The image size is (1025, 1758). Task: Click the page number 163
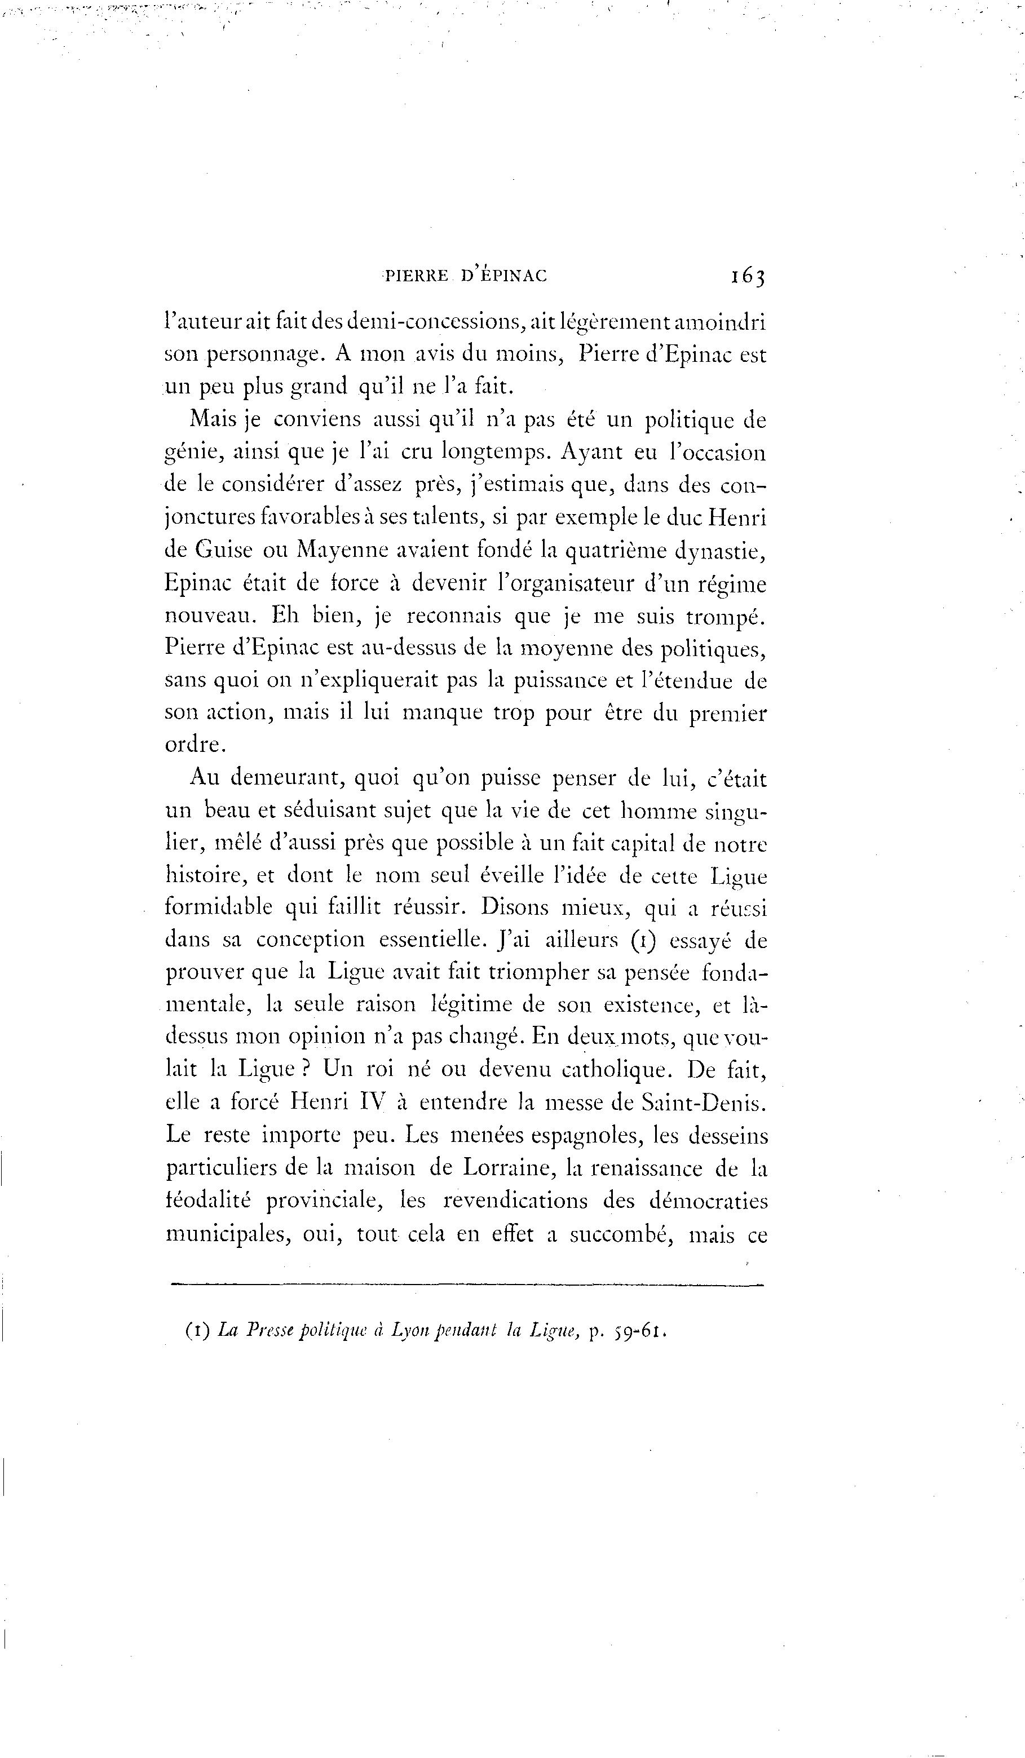coord(749,276)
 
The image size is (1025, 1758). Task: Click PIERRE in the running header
coord(417,276)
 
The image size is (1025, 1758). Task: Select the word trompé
coord(726,617)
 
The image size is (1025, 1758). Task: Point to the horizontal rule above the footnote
coord(467,1283)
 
